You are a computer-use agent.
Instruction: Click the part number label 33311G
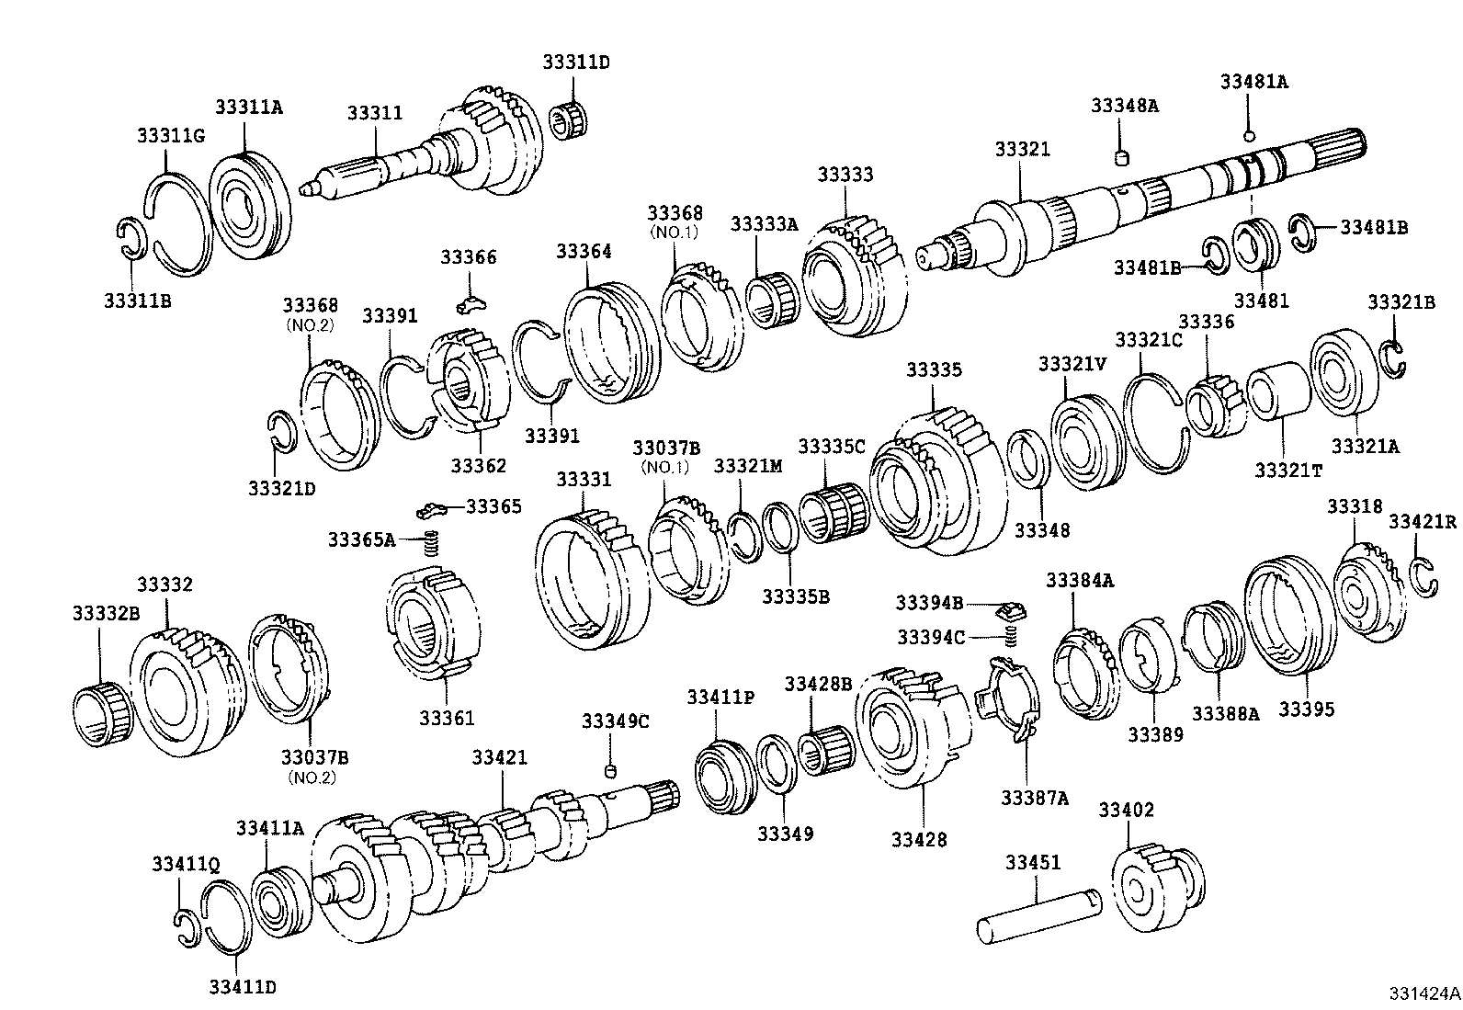tap(170, 136)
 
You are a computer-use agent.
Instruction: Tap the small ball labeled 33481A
tap(1248, 137)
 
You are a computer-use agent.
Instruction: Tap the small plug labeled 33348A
tap(1121, 158)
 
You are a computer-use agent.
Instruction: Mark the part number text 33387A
tap(1034, 797)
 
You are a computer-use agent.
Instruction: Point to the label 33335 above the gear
tap(934, 369)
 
